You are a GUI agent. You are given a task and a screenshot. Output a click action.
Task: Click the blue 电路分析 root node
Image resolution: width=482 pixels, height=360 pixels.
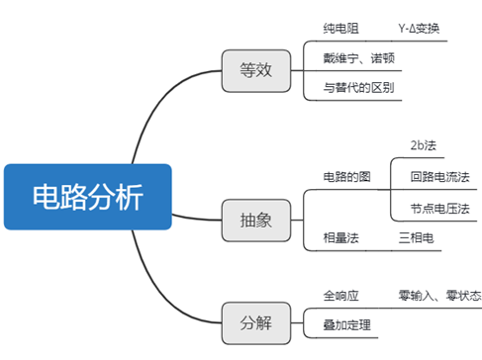[87, 195]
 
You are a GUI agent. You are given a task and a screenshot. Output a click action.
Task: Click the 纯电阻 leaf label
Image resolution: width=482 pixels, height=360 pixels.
[342, 31]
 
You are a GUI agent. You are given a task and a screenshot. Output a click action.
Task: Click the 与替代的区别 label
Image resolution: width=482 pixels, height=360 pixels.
[359, 88]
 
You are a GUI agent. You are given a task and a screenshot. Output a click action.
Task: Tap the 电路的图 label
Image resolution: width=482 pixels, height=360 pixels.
[347, 176]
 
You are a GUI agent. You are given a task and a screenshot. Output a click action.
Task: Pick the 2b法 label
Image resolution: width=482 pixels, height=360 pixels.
[423, 144]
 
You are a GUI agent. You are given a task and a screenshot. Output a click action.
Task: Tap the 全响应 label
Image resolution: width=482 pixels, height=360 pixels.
[341, 295]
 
